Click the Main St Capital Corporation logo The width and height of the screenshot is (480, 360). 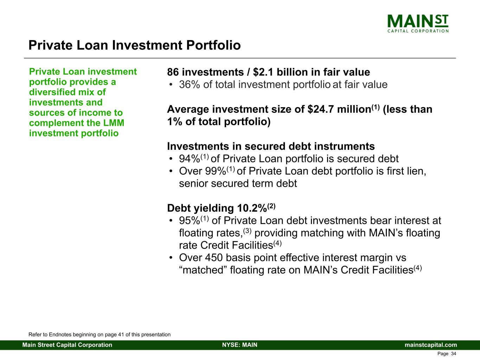click(x=418, y=24)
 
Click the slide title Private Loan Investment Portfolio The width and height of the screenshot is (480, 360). click(x=134, y=45)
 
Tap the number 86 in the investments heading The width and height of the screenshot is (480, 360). click(x=173, y=72)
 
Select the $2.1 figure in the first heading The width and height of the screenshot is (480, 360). click(x=263, y=72)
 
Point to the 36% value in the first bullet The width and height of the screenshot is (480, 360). click(x=190, y=85)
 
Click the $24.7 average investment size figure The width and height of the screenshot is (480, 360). click(x=321, y=109)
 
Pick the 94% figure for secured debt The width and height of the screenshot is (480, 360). click(x=190, y=159)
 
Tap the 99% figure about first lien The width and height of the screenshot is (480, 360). click(x=216, y=171)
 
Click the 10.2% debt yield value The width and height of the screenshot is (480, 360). click(x=252, y=208)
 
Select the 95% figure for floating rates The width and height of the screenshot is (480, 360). click(x=190, y=220)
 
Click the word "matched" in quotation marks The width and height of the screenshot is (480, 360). click(x=204, y=270)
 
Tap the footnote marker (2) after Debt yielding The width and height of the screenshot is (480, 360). click(x=271, y=206)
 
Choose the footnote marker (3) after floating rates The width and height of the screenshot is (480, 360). click(x=247, y=231)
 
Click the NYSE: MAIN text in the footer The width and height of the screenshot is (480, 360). click(x=240, y=345)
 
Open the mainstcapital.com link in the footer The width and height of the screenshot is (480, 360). click(x=431, y=345)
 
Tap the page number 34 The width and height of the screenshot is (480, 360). click(x=454, y=354)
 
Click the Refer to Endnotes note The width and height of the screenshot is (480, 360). click(x=100, y=334)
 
